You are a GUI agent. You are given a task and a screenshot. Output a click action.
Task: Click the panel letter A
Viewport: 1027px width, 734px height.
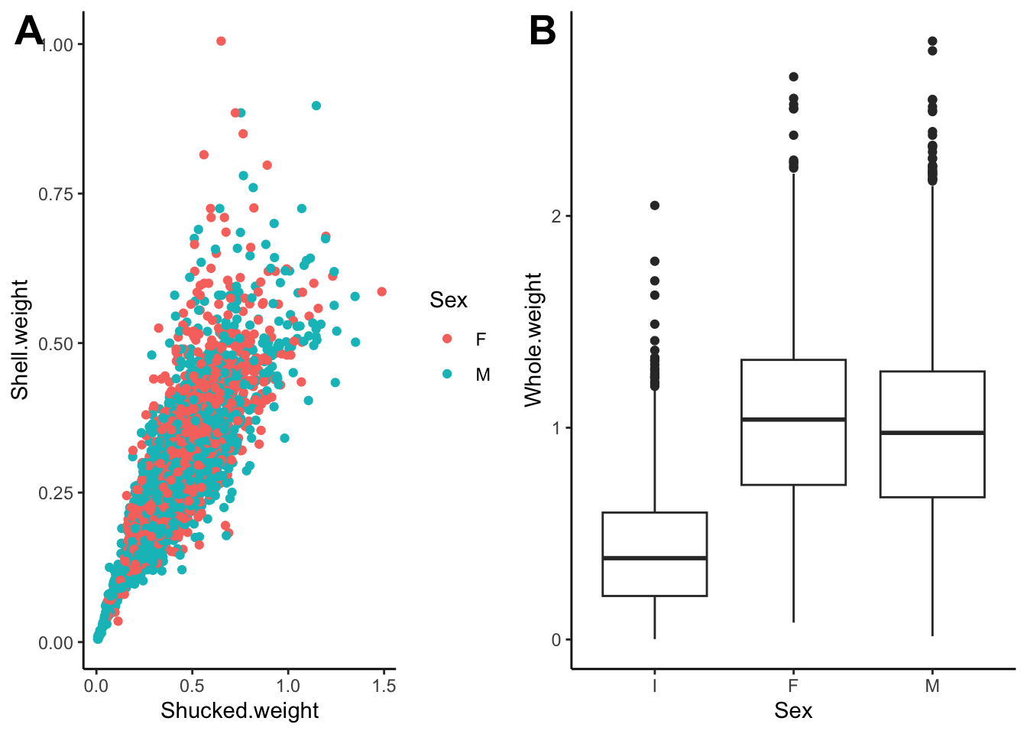click(29, 31)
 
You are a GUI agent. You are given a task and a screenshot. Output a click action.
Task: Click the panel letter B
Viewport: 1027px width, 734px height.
click(543, 31)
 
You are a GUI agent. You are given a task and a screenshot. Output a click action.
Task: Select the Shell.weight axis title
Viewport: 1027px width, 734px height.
click(20, 339)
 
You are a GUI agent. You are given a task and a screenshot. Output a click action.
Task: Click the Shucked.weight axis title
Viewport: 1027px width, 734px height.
click(239, 710)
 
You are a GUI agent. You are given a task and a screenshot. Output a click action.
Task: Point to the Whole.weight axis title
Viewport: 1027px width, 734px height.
click(533, 339)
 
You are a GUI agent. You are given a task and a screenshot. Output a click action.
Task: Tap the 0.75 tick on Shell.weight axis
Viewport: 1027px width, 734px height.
click(56, 194)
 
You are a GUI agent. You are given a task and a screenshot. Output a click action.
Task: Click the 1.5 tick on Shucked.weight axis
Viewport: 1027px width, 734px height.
click(384, 686)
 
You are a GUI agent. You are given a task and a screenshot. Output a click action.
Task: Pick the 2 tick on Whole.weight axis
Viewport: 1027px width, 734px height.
click(556, 216)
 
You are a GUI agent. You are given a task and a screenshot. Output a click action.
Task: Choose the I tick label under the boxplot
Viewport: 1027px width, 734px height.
click(655, 686)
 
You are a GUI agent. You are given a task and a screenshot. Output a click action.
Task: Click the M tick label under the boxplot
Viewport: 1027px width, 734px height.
click(932, 686)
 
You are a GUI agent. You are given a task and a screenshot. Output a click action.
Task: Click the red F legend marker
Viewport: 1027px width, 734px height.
click(447, 339)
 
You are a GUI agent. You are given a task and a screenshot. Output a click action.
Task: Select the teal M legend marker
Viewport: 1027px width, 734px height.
click(447, 374)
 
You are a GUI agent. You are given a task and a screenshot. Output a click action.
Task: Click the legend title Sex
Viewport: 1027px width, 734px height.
click(449, 300)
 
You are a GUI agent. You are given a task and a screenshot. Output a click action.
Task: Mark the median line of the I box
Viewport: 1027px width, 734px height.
click(655, 558)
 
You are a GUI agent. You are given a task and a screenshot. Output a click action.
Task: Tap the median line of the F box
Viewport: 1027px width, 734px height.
click(793, 420)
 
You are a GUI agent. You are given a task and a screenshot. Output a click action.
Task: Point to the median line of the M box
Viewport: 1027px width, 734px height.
click(932, 433)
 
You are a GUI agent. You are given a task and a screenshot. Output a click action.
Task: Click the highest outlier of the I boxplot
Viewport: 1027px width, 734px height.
click(655, 206)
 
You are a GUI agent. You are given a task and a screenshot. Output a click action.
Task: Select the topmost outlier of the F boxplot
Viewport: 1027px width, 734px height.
click(793, 77)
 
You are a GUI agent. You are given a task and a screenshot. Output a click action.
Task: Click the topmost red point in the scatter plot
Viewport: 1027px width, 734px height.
click(221, 41)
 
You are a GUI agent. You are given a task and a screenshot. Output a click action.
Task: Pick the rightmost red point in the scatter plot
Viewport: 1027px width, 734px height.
click(381, 291)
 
